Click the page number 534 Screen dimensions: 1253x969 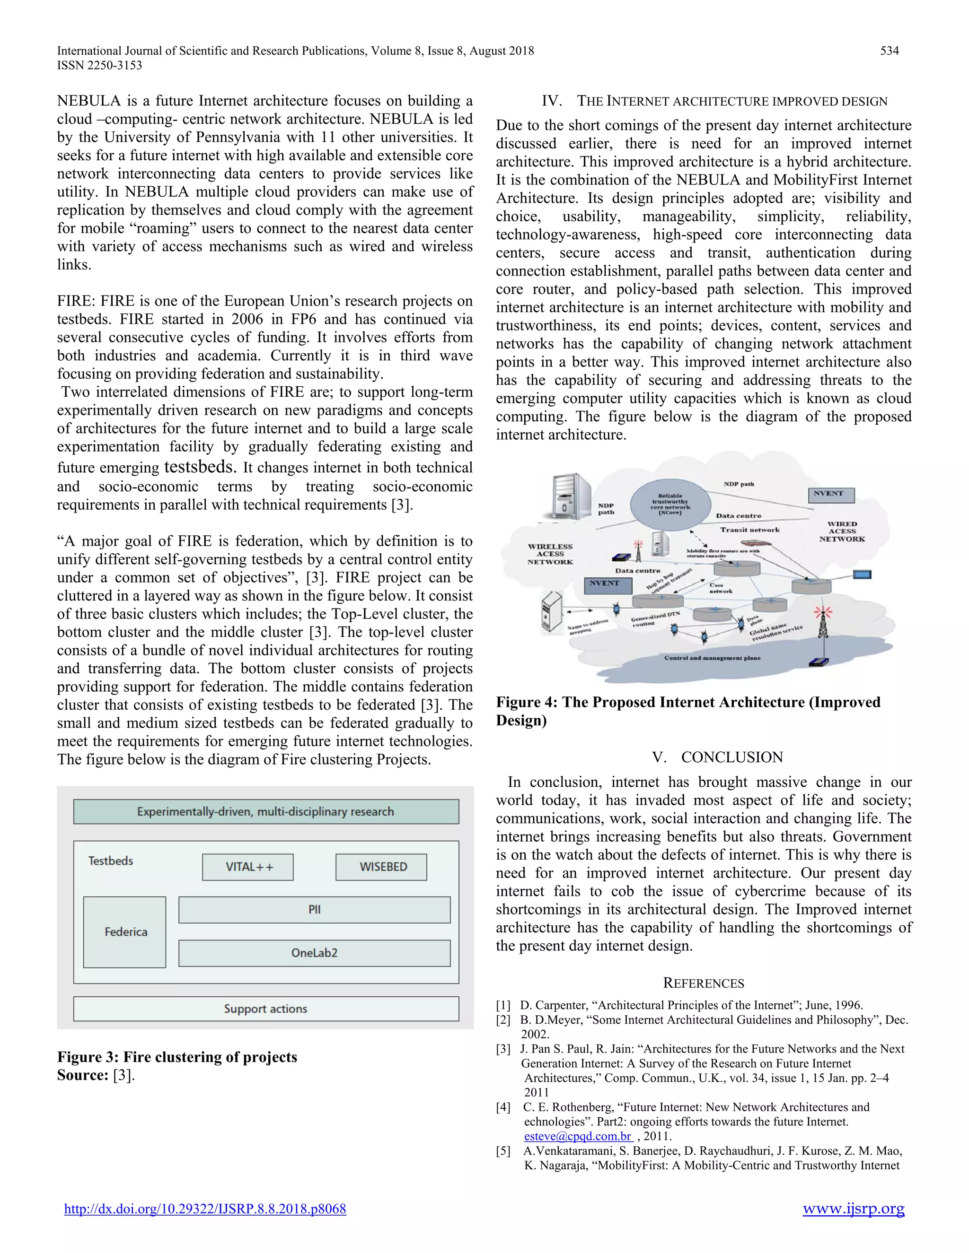coord(889,51)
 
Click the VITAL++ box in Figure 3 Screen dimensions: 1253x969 coord(248,867)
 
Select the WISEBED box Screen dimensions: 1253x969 coord(382,867)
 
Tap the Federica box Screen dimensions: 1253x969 coord(125,932)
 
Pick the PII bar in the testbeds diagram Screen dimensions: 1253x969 coord(314,910)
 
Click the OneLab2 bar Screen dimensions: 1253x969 coord(314,953)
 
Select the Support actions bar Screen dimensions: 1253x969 coord(266,1009)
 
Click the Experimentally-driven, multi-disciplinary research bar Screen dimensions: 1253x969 coord(266,812)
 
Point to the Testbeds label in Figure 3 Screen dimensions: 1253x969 coord(110,861)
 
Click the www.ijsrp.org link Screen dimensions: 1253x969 coord(853,1208)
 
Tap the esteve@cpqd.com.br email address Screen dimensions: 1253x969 coord(578,1136)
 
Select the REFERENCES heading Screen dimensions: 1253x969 coord(703,983)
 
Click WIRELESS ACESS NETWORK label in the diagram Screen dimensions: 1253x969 coord(550,554)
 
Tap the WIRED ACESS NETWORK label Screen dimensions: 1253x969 coord(842,531)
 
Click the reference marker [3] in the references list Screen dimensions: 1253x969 coord(503,1049)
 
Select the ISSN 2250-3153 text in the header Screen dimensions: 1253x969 coord(99,65)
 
